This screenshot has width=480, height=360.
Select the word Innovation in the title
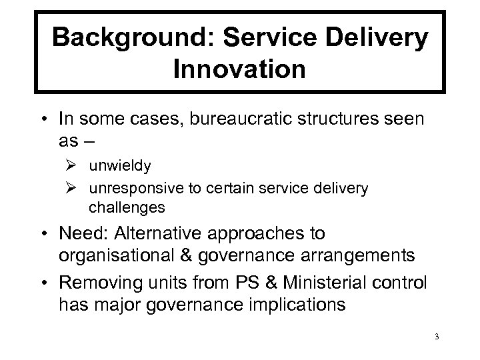pos(239,69)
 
